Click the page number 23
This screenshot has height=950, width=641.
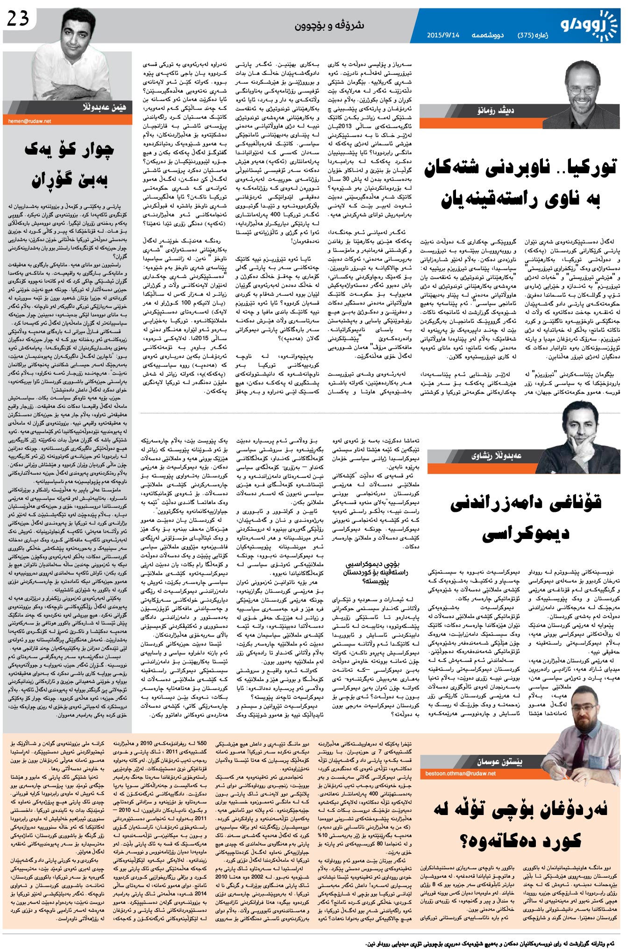pyautogui.click(x=18, y=18)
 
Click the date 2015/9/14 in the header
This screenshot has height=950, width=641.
pyautogui.click(x=443, y=35)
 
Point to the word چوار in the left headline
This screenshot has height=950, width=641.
pyautogui.click(x=88, y=150)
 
